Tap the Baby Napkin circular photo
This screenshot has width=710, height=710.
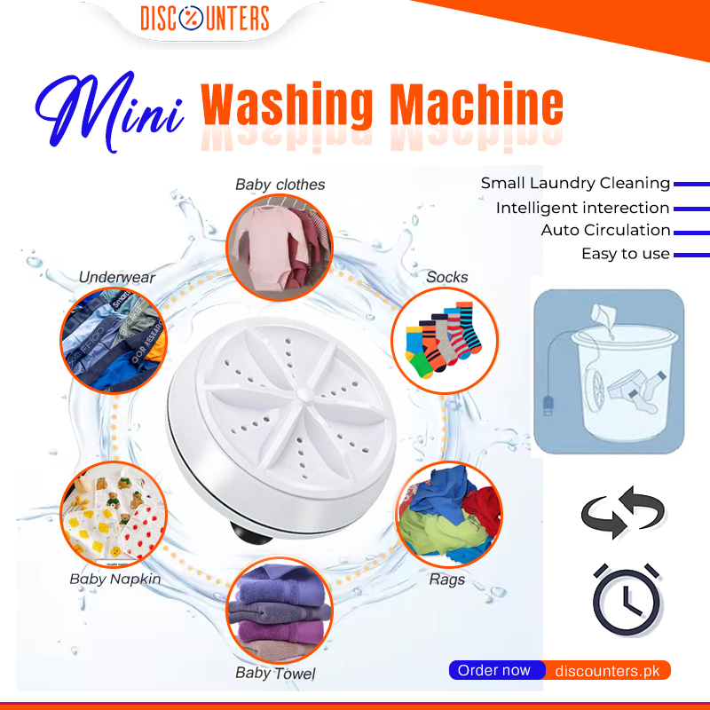click(113, 513)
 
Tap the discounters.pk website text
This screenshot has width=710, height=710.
click(607, 671)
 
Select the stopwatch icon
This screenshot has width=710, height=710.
click(625, 600)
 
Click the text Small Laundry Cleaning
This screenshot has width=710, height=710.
click(575, 184)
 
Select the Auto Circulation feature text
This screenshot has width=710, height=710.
click(605, 230)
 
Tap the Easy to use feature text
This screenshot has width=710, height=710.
click(625, 254)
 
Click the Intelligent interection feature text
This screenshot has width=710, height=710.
click(582, 208)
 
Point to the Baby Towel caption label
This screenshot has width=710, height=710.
click(275, 673)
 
